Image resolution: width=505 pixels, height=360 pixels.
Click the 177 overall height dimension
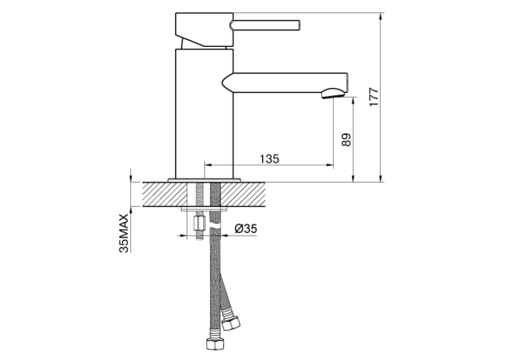tap(374, 97)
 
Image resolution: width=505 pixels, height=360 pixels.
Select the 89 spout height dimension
tap(346, 140)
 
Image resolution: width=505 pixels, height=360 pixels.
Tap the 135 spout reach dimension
tap(269, 159)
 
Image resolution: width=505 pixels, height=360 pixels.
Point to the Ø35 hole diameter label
tap(246, 229)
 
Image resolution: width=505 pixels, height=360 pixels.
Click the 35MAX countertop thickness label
tap(124, 233)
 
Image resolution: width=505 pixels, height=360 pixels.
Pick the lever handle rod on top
tap(265, 26)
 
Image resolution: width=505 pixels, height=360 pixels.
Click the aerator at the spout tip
tap(333, 93)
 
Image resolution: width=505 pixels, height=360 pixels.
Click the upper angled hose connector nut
tap(232, 323)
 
